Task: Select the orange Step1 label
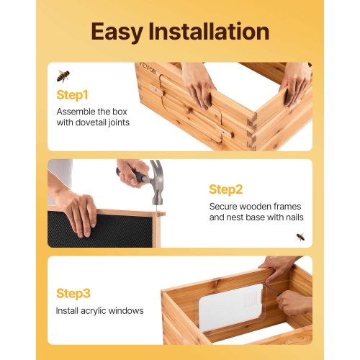click(x=71, y=94)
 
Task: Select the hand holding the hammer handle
click(x=134, y=171)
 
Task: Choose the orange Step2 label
click(x=225, y=189)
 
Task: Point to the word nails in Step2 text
click(x=292, y=217)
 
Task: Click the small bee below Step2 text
click(x=300, y=236)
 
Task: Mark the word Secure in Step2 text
click(x=225, y=206)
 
